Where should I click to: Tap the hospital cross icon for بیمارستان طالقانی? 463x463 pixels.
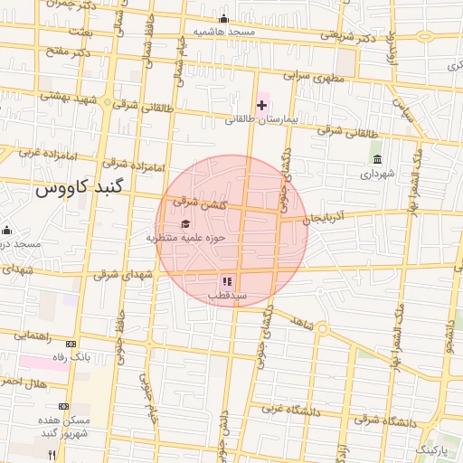tap(262, 106)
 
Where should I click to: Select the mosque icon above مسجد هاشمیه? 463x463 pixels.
tap(223, 19)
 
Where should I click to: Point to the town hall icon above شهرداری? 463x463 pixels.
tap(376, 160)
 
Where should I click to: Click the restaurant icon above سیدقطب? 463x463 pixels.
tap(226, 282)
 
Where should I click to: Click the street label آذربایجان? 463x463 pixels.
tap(325, 218)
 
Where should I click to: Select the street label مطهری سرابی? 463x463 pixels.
tap(312, 78)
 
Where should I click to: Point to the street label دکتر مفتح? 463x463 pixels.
tap(68, 51)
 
